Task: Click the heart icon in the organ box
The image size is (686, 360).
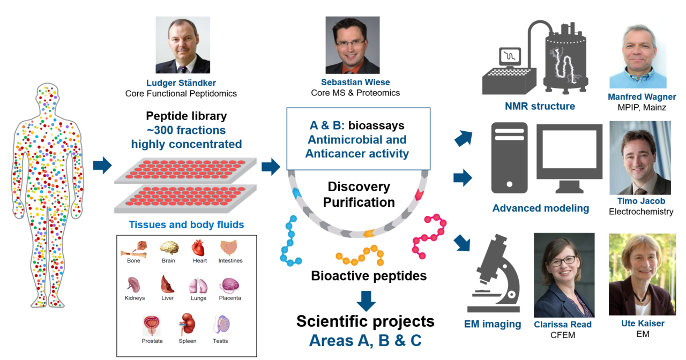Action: click(198, 247)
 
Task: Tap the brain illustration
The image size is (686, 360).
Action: click(169, 247)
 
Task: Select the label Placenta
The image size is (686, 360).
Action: click(230, 298)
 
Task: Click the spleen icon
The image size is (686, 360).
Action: click(188, 324)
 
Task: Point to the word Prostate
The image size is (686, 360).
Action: click(152, 341)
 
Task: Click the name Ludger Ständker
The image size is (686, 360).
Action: click(181, 83)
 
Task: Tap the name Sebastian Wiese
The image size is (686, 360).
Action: click(355, 82)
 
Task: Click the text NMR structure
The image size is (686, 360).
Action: click(540, 106)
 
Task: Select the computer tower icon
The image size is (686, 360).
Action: click(509, 158)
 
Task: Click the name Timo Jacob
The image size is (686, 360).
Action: click(641, 201)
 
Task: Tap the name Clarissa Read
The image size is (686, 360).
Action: click(563, 325)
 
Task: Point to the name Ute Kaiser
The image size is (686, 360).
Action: click(643, 323)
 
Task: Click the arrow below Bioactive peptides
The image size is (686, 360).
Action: click(366, 301)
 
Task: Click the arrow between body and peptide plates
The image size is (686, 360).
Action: click(102, 166)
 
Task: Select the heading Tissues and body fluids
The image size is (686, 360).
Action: click(186, 224)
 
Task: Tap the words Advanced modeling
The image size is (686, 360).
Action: click(541, 208)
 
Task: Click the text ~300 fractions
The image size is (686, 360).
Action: click(186, 130)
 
